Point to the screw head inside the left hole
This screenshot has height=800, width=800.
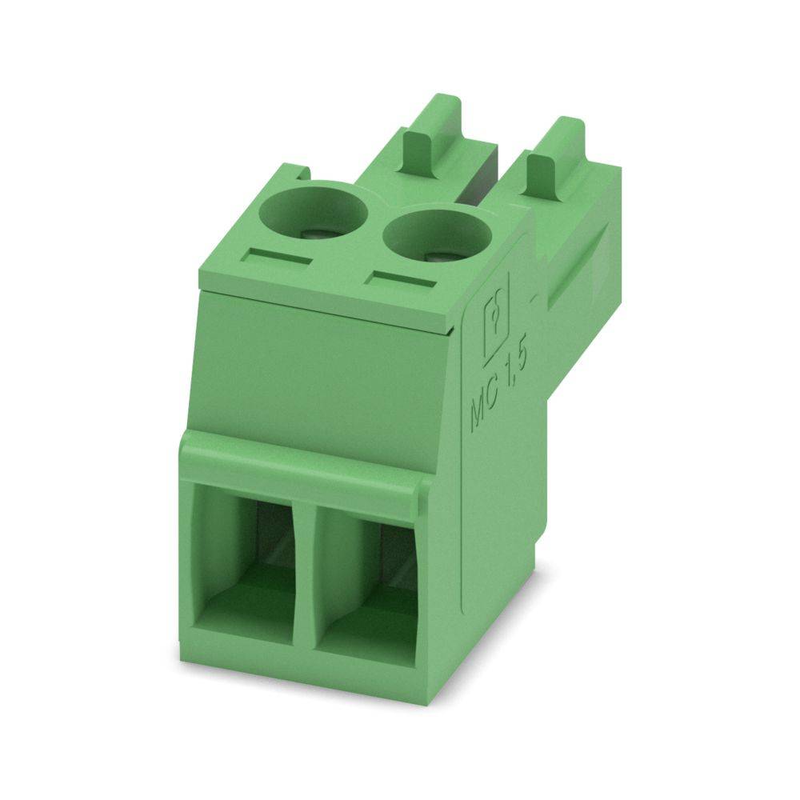point(318,234)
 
